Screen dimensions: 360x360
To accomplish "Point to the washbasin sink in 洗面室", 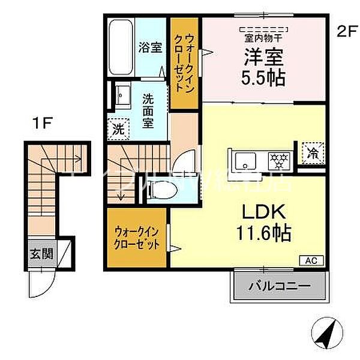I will point(124,95).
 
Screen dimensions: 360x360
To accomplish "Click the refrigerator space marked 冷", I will point(313,152).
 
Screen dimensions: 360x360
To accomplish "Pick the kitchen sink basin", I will point(245,161).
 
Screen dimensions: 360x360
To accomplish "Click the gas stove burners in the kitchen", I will point(277,161).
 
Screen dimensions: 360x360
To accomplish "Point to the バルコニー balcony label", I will point(280,286).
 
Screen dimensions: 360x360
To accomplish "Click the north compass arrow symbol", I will point(325,331).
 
